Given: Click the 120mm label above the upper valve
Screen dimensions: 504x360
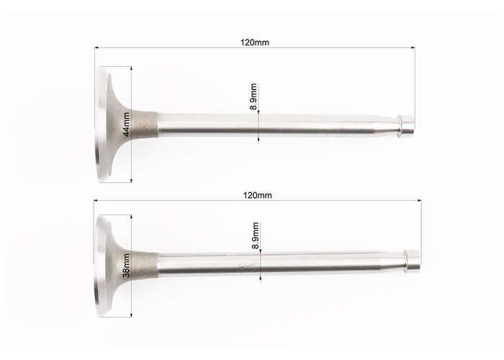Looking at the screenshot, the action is (x=255, y=42).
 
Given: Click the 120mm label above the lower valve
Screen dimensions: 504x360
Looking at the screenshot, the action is (x=257, y=195).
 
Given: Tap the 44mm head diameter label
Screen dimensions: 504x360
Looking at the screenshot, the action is (x=126, y=124).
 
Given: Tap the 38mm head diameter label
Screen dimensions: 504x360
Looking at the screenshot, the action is (x=126, y=266).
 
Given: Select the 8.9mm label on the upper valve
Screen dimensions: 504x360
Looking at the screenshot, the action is (x=253, y=96).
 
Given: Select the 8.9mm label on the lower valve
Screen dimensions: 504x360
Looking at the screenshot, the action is (x=256, y=235).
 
